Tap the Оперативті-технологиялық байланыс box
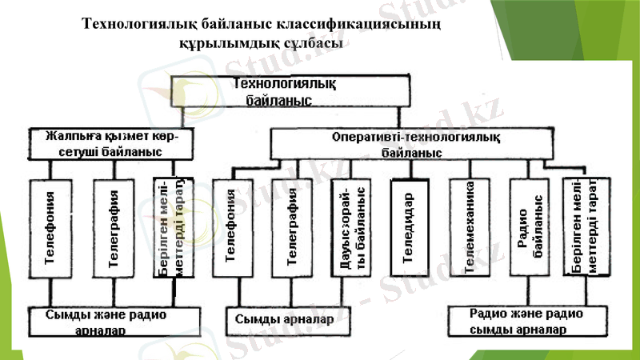point(412,145)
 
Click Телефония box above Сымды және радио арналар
point(50,229)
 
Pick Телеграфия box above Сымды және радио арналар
point(113,229)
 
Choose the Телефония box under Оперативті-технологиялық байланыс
point(234,229)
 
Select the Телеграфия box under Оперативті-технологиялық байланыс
point(291,229)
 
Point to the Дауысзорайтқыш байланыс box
point(350,229)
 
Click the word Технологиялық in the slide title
point(141,26)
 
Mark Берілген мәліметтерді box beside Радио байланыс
point(583,229)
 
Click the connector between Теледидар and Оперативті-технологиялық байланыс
point(410,169)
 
